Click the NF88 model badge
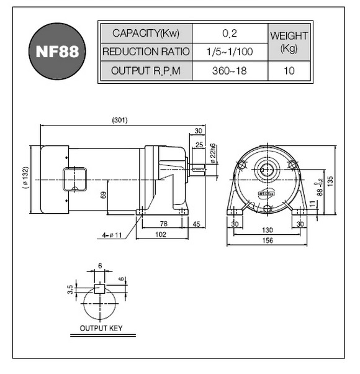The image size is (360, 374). (x=57, y=51)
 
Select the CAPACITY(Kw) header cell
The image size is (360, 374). (x=146, y=33)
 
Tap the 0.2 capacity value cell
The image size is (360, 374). (x=230, y=33)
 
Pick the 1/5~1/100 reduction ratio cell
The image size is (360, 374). (x=230, y=52)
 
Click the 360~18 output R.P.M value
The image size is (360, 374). (x=230, y=71)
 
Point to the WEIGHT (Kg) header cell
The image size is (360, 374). (x=289, y=42)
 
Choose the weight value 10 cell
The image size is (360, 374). (x=289, y=71)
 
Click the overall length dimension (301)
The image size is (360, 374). (x=120, y=120)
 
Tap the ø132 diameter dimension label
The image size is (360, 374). (x=25, y=178)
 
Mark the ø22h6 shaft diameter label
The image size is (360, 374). (x=213, y=153)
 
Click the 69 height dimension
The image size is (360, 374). (x=104, y=195)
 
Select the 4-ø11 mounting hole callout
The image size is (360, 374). (x=112, y=235)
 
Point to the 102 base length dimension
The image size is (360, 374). (x=161, y=234)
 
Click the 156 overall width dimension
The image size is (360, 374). (x=268, y=240)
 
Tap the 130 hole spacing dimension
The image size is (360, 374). (x=268, y=230)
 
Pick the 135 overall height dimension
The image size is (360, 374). (x=330, y=181)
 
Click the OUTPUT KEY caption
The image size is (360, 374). (x=101, y=328)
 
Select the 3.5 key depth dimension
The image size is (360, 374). (x=70, y=290)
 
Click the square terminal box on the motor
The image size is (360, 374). (x=75, y=180)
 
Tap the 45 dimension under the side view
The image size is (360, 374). (x=196, y=224)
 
